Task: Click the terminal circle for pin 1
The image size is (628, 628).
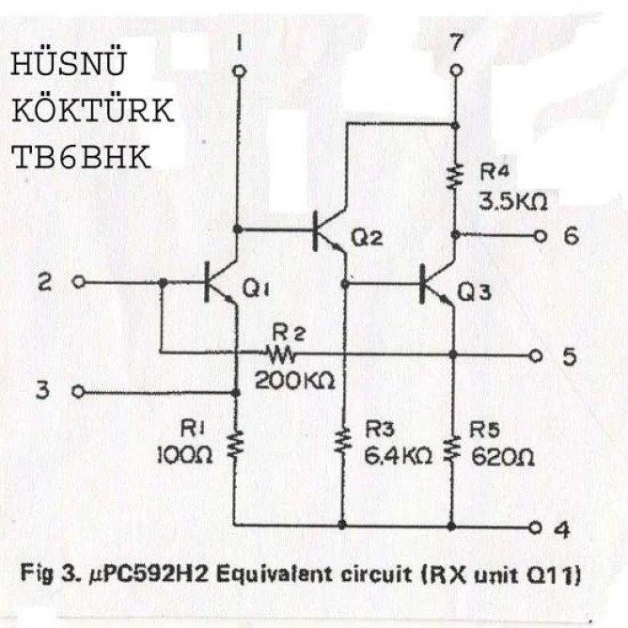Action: click(x=240, y=71)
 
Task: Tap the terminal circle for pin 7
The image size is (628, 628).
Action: click(x=456, y=71)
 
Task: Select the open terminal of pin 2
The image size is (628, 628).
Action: click(x=79, y=282)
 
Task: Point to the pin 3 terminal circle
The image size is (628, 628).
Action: click(x=78, y=391)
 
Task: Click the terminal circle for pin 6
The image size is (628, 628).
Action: click(x=541, y=236)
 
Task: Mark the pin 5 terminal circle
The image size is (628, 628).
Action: click(x=536, y=355)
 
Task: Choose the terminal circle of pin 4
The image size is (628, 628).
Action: click(x=536, y=527)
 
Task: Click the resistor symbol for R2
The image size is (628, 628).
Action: click(x=279, y=354)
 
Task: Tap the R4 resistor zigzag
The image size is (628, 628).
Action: click(x=455, y=176)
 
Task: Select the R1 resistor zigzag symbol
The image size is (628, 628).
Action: click(x=236, y=444)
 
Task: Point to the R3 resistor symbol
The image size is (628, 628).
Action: click(x=343, y=441)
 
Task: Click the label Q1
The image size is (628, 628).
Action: click(x=256, y=290)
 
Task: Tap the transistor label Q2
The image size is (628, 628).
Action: click(x=367, y=238)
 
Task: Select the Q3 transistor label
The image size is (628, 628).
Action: click(x=474, y=292)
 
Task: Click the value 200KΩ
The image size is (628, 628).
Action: click(x=295, y=380)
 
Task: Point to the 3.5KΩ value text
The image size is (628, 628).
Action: click(x=512, y=202)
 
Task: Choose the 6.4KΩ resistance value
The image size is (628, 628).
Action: click(x=398, y=455)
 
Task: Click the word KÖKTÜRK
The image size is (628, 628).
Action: click(x=93, y=110)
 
